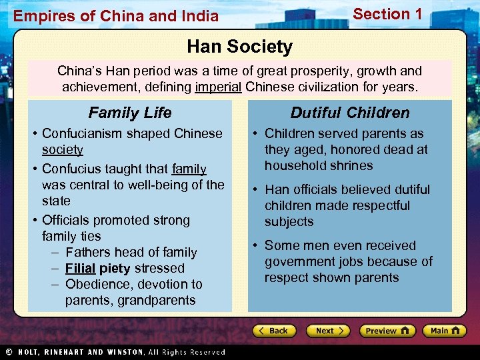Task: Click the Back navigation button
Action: coord(274,331)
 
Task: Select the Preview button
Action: coord(387,331)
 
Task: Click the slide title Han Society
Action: coord(239,47)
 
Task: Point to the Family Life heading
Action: coord(130,113)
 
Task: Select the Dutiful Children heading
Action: coord(350,113)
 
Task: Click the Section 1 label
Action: coord(387,14)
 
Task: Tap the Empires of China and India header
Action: coord(116,16)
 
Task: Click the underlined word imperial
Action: coord(219,87)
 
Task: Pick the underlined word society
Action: coord(62,149)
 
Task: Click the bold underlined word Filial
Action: coord(80,268)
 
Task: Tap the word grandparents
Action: coord(157,300)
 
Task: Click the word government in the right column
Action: coord(300,261)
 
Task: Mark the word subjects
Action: coord(289,221)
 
